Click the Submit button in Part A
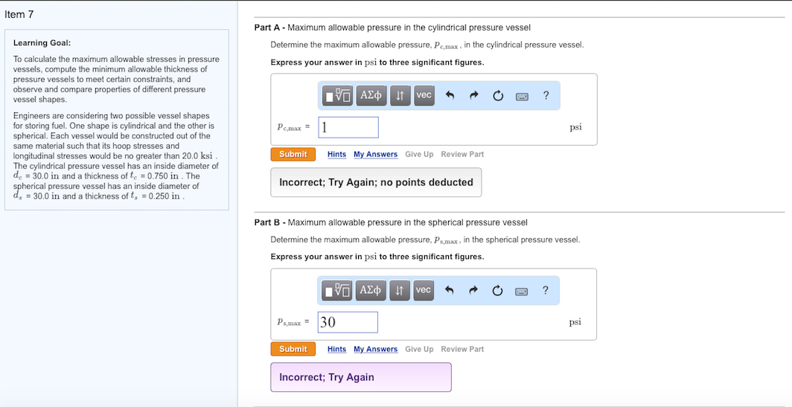293,155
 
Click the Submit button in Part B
293,349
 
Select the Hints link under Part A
336,155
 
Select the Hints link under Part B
336,349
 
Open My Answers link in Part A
375,155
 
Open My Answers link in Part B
375,349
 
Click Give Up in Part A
419,155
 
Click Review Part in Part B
462,349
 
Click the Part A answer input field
348,127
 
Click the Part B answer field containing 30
348,322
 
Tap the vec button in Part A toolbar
424,95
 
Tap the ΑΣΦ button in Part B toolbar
371,290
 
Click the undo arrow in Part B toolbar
450,290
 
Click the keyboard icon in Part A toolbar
522,96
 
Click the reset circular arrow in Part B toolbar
497,290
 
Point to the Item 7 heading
19,15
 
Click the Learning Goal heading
42,43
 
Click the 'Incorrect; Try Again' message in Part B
327,377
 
